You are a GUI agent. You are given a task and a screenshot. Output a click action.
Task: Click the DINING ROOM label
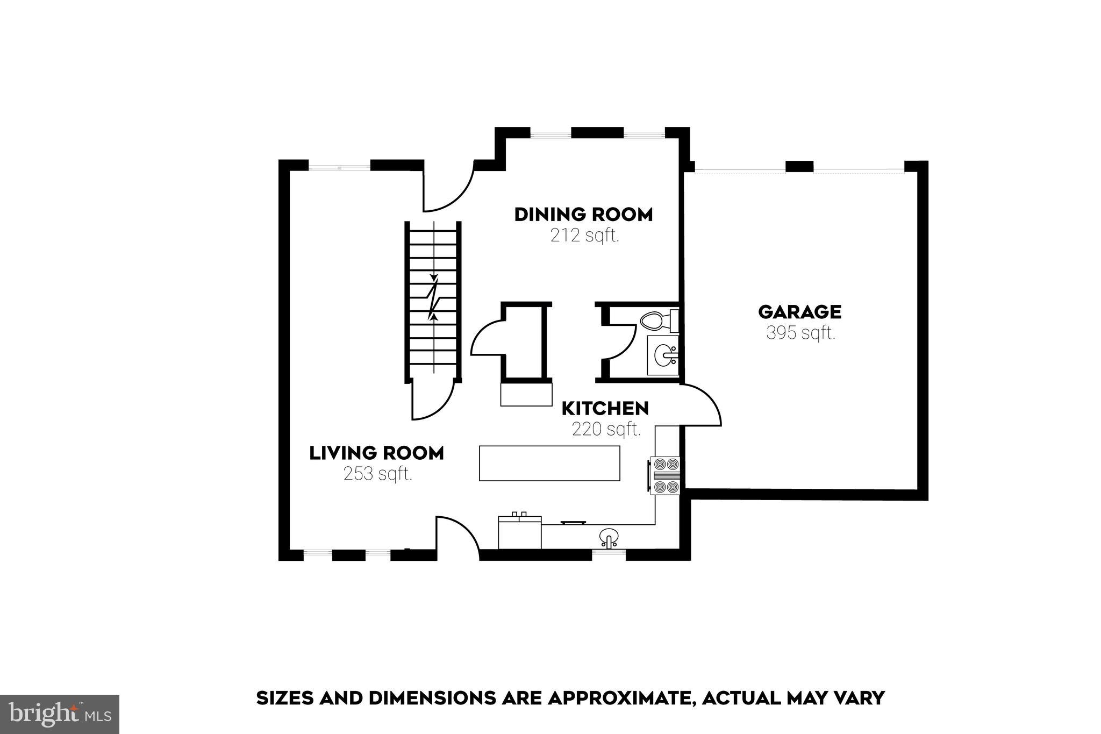583,215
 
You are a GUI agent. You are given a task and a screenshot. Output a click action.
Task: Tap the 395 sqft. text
800,333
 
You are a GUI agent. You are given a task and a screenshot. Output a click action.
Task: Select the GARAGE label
799,312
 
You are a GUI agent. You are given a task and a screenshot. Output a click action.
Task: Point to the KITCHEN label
605,409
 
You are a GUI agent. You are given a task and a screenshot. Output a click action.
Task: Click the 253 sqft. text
378,474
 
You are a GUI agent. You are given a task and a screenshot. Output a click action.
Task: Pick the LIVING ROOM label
376,453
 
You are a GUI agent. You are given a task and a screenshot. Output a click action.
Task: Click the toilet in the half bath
657,321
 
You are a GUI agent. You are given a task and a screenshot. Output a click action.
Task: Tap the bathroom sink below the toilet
664,355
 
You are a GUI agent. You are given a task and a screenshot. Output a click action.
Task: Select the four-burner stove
666,475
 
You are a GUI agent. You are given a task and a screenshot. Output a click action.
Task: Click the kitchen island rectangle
549,463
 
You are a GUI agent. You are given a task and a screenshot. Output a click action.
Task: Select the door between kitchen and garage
702,406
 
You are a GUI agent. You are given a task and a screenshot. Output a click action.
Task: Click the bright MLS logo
59,714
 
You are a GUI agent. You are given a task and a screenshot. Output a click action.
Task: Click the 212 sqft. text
584,236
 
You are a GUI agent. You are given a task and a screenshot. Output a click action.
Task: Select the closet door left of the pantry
487,339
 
